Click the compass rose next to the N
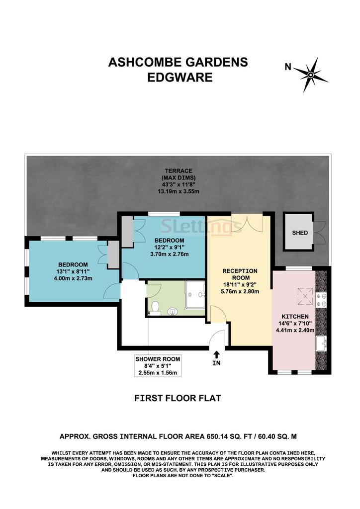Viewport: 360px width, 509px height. pos(311,76)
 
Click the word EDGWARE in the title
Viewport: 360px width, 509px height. pos(180,77)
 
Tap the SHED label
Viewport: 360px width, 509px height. pos(300,233)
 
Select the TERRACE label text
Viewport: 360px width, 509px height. pos(178,171)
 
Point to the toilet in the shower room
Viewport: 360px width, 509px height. pos(156,308)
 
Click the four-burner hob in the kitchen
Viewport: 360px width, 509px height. pos(321,300)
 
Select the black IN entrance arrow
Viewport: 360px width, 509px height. pos(216,354)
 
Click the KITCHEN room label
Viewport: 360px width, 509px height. pos(295,317)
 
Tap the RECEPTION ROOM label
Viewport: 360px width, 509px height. pos(240,274)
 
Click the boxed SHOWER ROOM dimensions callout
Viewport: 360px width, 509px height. pos(158,366)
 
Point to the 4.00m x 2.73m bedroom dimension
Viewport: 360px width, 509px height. pos(73,278)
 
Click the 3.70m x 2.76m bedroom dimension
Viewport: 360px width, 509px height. pos(170,254)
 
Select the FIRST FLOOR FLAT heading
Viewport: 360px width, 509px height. pos(178,398)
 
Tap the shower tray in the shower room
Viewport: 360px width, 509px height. pos(195,295)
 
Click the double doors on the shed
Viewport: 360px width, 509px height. pos(319,233)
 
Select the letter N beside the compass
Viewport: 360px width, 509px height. pos(288,67)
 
